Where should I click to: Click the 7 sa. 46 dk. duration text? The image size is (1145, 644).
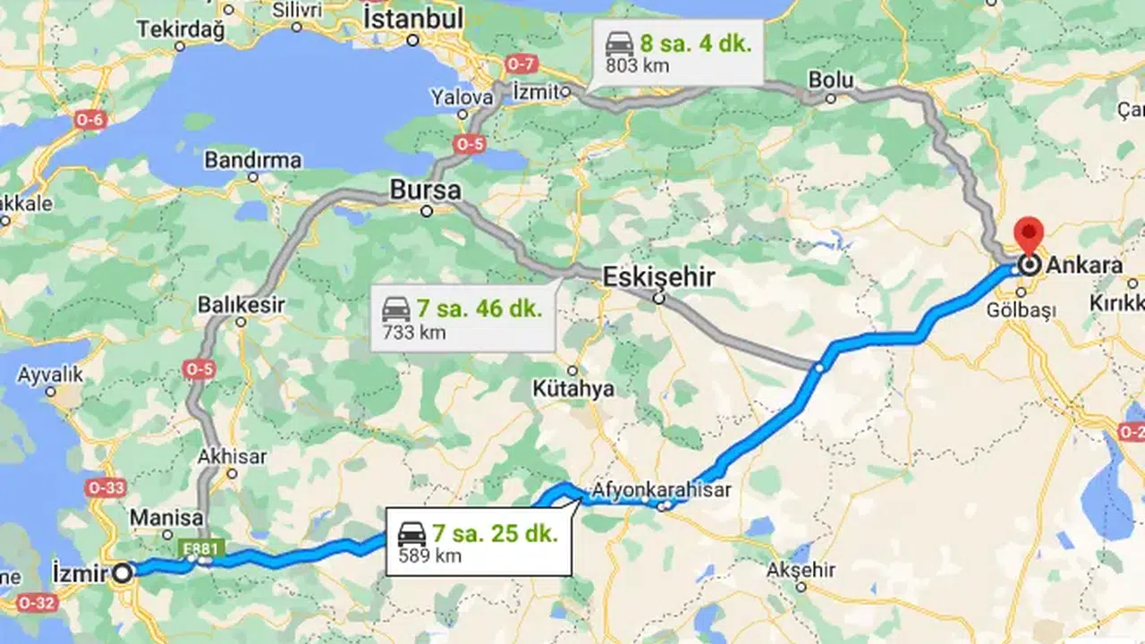(479, 309)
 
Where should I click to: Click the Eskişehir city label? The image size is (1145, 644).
(658, 277)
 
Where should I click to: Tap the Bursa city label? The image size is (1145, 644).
(425, 191)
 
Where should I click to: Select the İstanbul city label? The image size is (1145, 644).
(413, 18)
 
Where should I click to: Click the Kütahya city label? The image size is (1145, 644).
(573, 388)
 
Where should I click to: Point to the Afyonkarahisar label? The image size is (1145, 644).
(661, 490)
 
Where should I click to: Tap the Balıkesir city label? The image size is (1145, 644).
(241, 305)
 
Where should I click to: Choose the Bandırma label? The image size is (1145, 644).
(253, 161)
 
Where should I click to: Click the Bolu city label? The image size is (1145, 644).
(830, 80)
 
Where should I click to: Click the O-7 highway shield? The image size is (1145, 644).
(521, 64)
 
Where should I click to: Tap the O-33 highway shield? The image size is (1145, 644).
(106, 488)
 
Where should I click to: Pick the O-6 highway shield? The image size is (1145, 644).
(89, 120)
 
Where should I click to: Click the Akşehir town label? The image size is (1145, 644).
(801, 570)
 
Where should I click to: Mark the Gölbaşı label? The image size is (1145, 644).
(1021, 309)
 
